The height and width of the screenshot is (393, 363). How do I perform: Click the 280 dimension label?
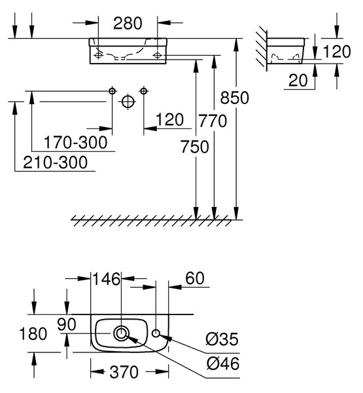click(x=128, y=24)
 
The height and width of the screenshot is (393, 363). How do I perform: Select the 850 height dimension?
click(x=235, y=98)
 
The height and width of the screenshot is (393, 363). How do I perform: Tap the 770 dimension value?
click(x=213, y=121)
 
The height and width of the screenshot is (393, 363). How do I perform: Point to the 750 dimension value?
click(x=194, y=147)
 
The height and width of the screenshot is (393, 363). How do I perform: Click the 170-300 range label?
click(x=76, y=142)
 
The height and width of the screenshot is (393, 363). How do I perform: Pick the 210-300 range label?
click(x=56, y=162)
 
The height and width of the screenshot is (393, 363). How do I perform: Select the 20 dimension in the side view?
click(x=298, y=81)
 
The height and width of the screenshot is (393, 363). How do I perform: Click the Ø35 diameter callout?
click(x=222, y=339)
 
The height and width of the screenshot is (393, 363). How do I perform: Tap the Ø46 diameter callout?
click(x=223, y=363)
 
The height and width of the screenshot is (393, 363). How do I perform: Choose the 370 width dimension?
click(x=124, y=372)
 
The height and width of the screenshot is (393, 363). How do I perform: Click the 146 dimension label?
click(x=107, y=279)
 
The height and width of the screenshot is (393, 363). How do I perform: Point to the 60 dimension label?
click(x=195, y=278)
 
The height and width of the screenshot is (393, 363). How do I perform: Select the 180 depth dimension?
click(x=33, y=333)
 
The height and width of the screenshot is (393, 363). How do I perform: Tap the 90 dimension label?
click(x=67, y=324)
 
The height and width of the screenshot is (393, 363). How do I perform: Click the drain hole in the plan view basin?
click(x=122, y=333)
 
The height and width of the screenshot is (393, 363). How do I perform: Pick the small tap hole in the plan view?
click(x=156, y=333)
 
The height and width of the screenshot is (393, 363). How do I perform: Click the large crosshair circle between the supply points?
click(x=128, y=102)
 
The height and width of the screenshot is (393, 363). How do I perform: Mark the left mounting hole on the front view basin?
click(x=98, y=55)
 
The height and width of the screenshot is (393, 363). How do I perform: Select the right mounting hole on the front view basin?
click(x=158, y=55)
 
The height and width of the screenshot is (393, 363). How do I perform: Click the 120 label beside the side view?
click(x=337, y=52)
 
